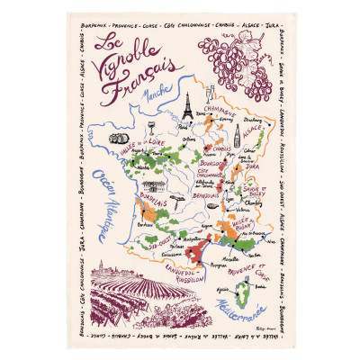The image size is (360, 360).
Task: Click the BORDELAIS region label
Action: click(130, 203)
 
